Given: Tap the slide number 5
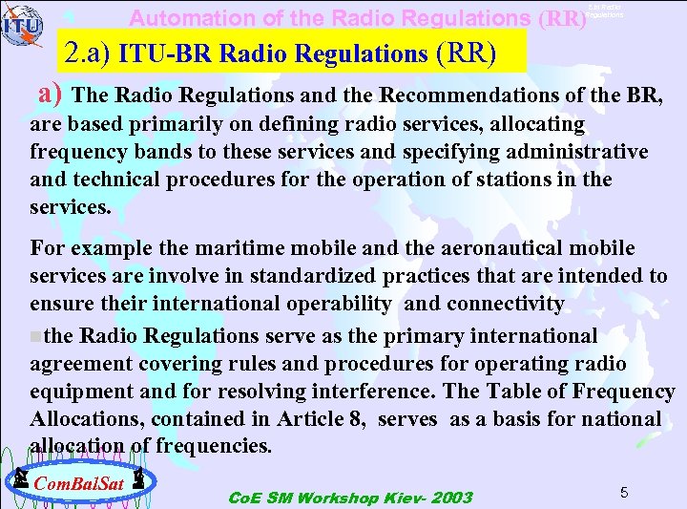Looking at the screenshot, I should pos(623,492).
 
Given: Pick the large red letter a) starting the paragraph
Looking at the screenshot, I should pos(50,94).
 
